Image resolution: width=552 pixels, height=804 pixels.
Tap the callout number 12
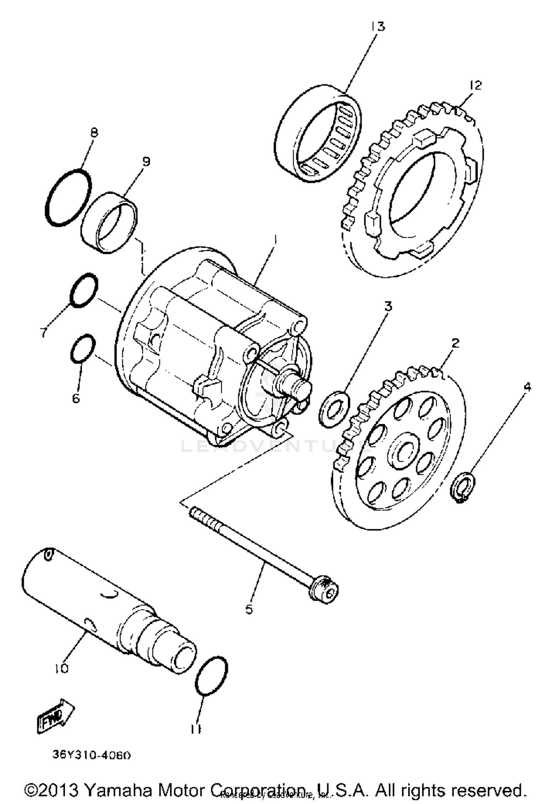[475, 85]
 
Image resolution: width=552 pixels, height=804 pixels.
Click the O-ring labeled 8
[68, 197]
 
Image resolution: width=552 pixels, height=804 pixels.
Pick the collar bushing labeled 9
[109, 223]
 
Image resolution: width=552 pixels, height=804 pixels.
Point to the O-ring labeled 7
[84, 290]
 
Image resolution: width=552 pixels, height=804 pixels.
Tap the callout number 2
[455, 343]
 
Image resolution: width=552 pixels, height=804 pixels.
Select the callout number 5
[249, 609]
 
